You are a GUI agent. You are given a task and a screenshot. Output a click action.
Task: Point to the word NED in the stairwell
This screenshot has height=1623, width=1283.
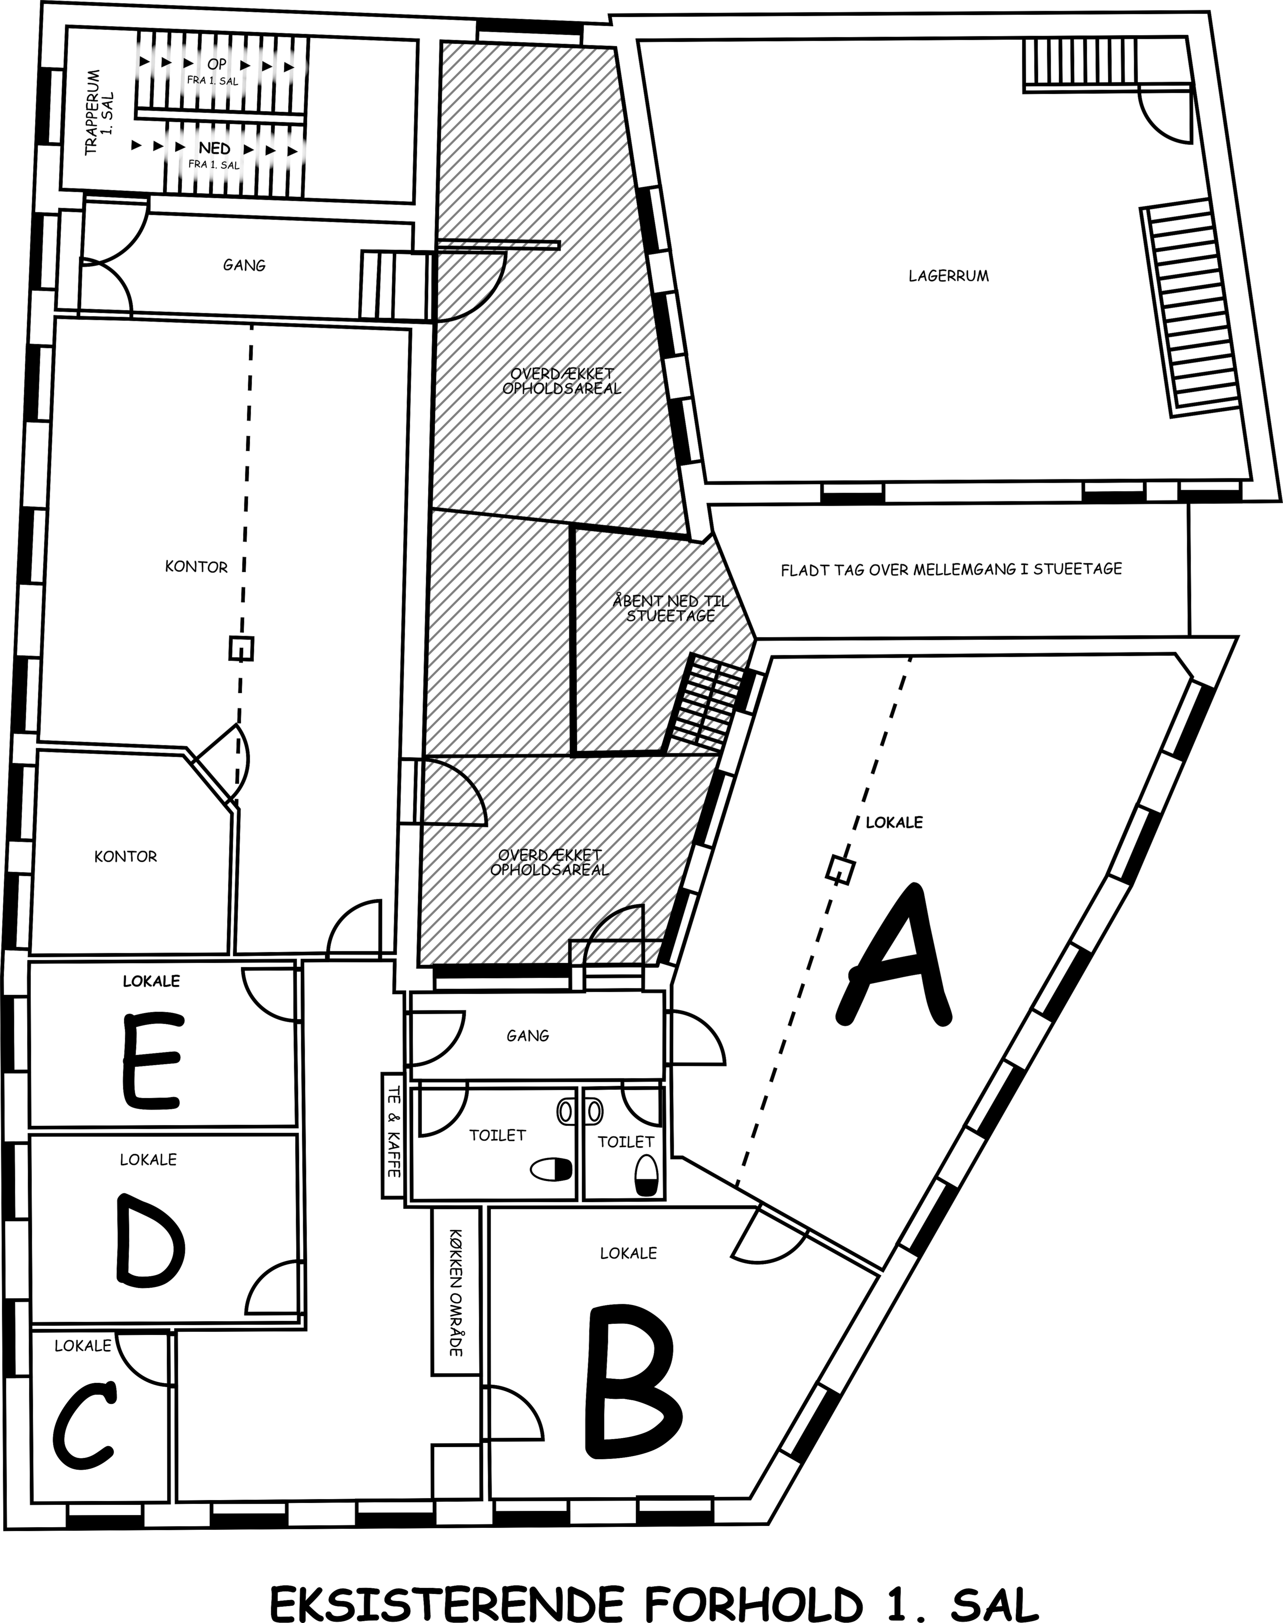[x=215, y=149]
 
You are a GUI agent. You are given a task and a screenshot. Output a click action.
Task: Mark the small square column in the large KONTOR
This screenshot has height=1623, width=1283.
[x=241, y=648]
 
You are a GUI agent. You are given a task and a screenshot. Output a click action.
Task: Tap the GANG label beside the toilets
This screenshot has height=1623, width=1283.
[x=528, y=1036]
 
